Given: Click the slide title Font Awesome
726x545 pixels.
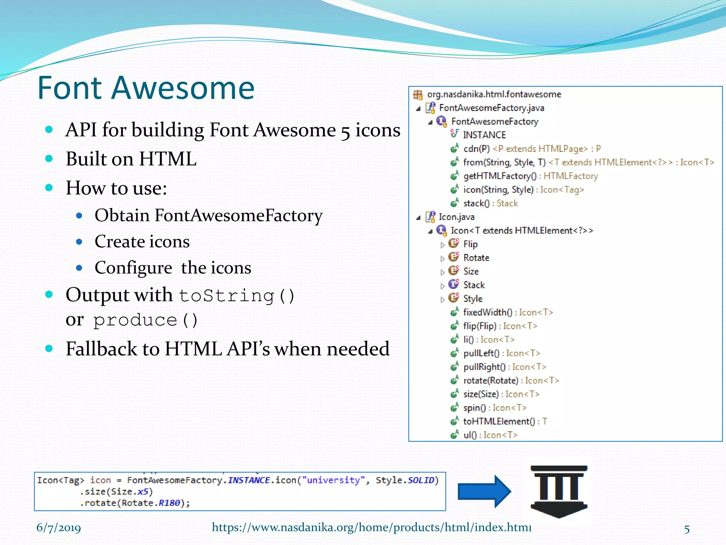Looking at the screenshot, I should [x=146, y=88].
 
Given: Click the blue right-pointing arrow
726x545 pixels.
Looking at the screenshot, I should [x=484, y=491].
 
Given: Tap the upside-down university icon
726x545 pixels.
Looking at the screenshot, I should [x=559, y=491].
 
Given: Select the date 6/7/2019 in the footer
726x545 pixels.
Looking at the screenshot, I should [x=58, y=528].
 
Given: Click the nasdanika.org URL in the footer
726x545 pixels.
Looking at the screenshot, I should [x=372, y=527].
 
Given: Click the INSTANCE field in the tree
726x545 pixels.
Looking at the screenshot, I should [x=484, y=135].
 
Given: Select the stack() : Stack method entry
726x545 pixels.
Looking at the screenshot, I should [x=490, y=203].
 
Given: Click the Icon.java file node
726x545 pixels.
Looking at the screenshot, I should [x=456, y=217].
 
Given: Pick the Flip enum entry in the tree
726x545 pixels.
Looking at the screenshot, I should [x=470, y=244].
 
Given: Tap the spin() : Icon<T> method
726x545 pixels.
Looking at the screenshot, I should [x=495, y=408].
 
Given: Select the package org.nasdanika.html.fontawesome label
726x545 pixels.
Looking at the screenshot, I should [x=494, y=94].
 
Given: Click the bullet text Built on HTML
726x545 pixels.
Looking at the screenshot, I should [x=131, y=159].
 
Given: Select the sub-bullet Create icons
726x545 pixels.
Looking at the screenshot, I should [x=142, y=242].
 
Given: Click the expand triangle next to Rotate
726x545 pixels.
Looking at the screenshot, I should [x=442, y=259].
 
